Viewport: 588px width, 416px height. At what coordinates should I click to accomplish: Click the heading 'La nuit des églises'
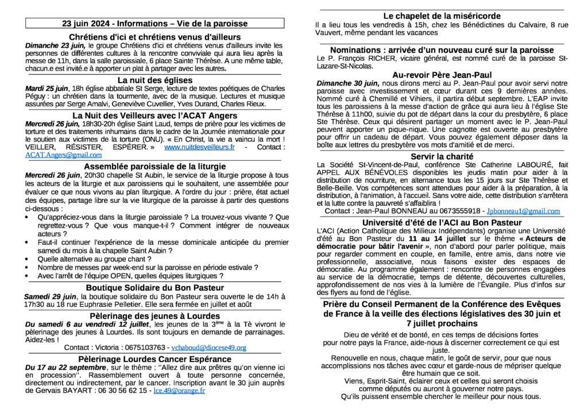[154, 80]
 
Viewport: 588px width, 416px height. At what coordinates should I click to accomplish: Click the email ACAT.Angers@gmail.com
[64, 155]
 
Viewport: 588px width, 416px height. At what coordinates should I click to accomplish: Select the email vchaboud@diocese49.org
[209, 348]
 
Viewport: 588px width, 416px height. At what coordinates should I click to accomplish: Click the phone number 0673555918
[458, 211]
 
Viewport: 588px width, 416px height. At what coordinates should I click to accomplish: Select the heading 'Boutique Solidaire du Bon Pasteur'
[154, 287]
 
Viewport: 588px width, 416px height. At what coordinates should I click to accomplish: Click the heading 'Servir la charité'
[442, 156]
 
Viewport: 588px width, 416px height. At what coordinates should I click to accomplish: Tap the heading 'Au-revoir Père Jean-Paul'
[442, 75]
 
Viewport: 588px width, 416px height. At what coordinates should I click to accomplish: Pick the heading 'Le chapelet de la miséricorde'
[442, 16]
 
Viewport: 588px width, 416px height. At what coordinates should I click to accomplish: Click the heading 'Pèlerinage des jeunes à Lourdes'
[154, 315]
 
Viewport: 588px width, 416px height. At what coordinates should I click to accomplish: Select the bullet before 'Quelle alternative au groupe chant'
[29, 259]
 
